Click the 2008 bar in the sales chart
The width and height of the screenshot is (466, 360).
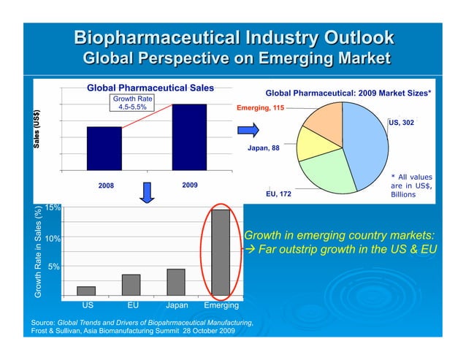tap(104, 148)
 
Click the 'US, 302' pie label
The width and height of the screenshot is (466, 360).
tap(402, 123)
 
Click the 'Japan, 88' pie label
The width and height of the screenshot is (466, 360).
tap(264, 148)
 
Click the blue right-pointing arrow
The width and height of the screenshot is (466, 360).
tap(249, 131)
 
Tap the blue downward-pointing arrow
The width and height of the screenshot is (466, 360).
tap(147, 191)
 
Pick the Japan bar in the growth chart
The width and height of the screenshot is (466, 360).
tap(176, 281)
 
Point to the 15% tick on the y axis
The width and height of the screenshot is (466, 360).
tap(51, 208)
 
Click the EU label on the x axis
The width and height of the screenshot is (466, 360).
tap(133, 305)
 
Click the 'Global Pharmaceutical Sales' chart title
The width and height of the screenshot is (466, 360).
tap(150, 88)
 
